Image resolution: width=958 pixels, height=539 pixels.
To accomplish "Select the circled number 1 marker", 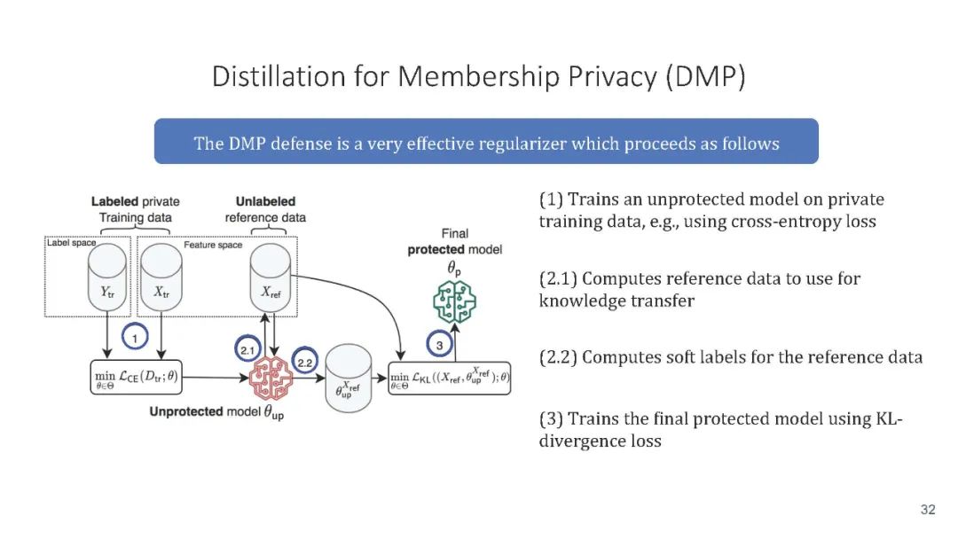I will click(133, 337).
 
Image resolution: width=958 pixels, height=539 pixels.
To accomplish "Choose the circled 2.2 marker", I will click(305, 363).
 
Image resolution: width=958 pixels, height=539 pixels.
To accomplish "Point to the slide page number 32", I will click(928, 510).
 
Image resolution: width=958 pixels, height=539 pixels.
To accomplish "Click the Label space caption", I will click(71, 242).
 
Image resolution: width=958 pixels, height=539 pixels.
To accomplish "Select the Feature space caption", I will click(213, 245).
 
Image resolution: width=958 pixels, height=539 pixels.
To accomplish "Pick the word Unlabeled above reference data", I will click(265, 202).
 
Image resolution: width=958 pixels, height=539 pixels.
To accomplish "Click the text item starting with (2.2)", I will click(731, 357).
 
